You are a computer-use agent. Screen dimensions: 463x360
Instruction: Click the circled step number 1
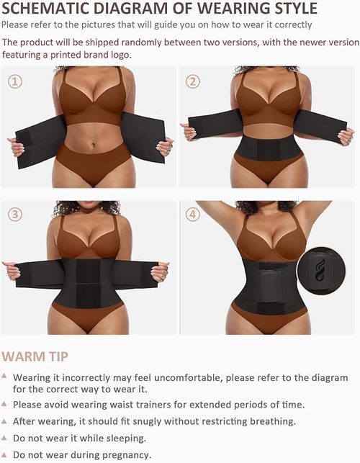pyautogui.click(x=14, y=81)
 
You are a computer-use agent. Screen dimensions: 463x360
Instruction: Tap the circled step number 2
pyautogui.click(x=192, y=81)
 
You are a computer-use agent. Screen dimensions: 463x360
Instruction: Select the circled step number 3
pyautogui.click(x=14, y=215)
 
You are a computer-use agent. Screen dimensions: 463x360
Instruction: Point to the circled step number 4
pyautogui.click(x=192, y=215)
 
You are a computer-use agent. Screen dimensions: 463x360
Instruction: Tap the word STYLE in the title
pyautogui.click(x=289, y=9)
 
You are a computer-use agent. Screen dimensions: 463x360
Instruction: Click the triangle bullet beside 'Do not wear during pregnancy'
pyautogui.click(x=5, y=454)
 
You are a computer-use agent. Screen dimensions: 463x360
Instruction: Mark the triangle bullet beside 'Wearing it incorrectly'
pyautogui.click(x=5, y=376)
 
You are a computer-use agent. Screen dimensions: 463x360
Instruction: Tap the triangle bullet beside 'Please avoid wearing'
pyautogui.click(x=5, y=404)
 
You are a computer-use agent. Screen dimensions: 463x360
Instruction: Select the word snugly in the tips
pyautogui.click(x=142, y=421)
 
